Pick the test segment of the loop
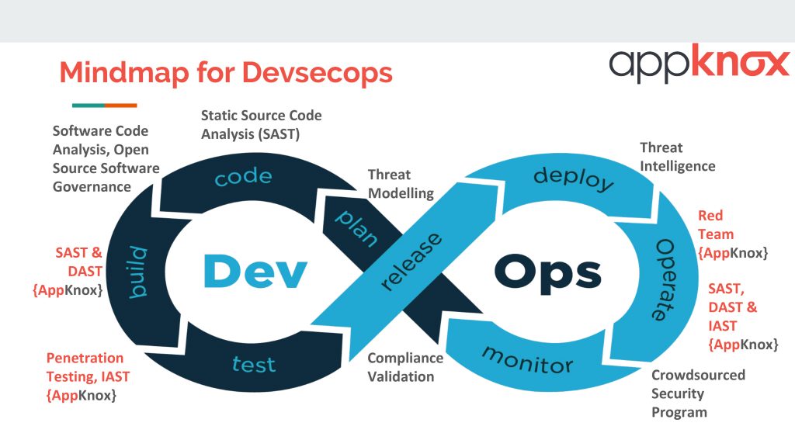tap(254, 363)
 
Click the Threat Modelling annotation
tap(401, 184)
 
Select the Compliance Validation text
tap(405, 367)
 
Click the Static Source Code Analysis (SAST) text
tap(261, 124)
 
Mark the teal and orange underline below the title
tap(104, 106)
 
